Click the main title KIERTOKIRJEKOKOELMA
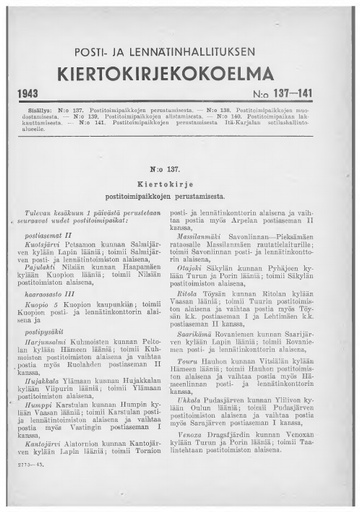click(x=180, y=70)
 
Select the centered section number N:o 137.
click(x=180, y=171)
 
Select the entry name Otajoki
click(x=207, y=299)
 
